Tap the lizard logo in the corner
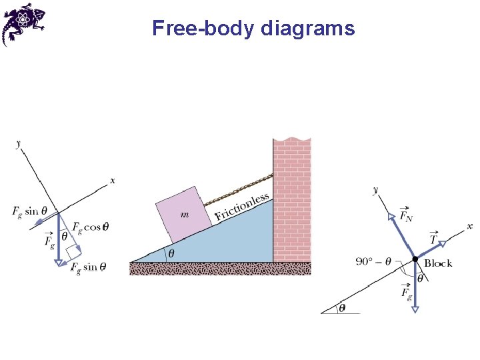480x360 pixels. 24,23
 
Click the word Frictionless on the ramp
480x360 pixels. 242,207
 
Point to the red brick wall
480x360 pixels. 292,200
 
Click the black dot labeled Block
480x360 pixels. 415,259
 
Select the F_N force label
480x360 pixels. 405,215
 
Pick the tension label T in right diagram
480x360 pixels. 433,238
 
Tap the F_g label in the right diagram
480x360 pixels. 406,292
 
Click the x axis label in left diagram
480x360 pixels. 112,180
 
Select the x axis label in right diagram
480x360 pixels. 469,227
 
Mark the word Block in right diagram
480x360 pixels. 438,263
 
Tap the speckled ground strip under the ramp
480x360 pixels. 220,268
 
